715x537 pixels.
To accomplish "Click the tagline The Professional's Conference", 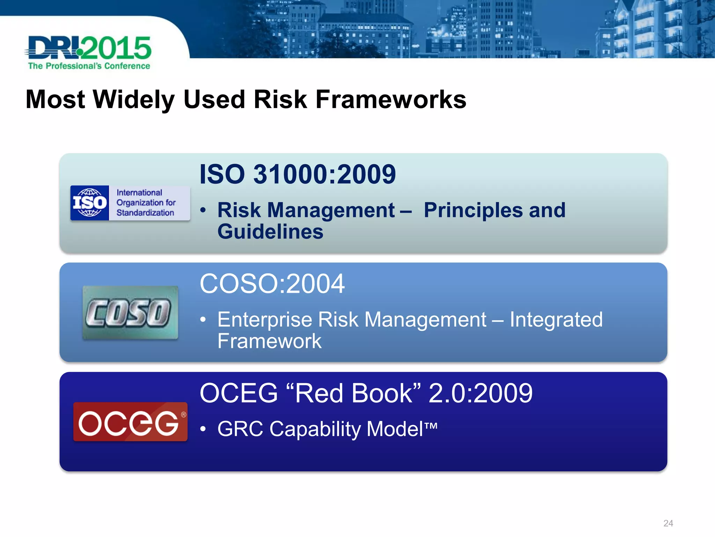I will (89, 66).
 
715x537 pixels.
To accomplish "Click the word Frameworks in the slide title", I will (391, 100).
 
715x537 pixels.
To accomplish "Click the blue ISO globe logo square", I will (90, 203).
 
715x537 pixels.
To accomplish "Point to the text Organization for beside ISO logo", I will (146, 203).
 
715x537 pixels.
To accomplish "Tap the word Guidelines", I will (270, 232).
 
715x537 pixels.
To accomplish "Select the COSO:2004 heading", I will (272, 284).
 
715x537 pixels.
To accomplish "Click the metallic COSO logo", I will (130, 313).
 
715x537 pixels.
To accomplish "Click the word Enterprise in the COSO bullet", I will (264, 320).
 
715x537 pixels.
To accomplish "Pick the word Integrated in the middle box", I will (556, 320).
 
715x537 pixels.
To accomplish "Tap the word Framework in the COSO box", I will (269, 341).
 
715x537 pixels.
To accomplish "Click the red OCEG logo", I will (130, 422).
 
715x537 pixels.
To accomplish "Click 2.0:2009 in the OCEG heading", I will (480, 393).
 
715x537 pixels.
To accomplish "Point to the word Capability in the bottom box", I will (315, 429).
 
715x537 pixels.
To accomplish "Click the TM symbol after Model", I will (431, 426).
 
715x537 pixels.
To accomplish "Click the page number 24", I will (668, 523).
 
